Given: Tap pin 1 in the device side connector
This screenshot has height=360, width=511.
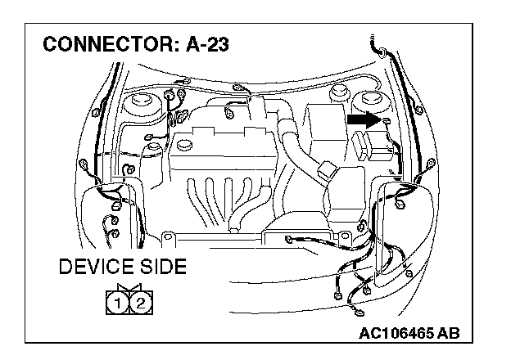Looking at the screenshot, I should tap(119, 305).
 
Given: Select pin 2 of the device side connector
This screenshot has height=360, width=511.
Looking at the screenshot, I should tap(140, 305).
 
